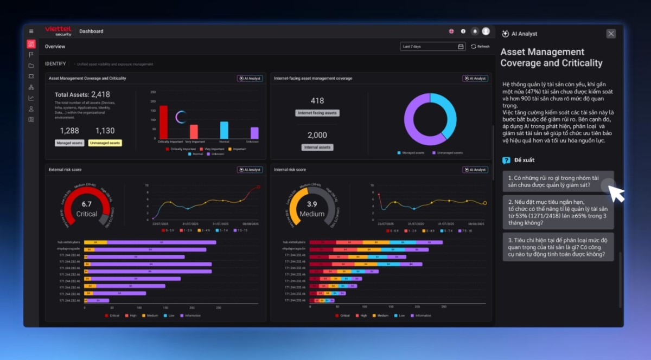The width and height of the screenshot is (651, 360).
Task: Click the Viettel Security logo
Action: (58, 31)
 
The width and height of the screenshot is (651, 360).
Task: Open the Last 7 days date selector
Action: (432, 47)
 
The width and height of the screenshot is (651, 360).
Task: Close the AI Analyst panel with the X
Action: (611, 34)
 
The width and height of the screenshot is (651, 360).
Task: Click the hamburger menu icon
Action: (31, 31)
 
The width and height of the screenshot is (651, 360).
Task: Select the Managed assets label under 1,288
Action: (69, 143)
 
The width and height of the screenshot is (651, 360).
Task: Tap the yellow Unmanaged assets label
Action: (105, 143)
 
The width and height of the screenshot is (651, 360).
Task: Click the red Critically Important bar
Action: (163, 122)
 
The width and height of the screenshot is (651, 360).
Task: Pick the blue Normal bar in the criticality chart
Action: (224, 130)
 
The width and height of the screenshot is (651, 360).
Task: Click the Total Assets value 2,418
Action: (100, 95)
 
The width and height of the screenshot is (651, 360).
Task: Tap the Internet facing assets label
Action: (317, 113)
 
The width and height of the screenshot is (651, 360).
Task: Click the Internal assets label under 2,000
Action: (317, 147)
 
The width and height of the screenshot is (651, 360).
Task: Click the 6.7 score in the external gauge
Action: (87, 204)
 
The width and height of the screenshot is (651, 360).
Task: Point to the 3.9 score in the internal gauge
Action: (312, 204)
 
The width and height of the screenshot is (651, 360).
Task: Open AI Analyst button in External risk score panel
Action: (250, 170)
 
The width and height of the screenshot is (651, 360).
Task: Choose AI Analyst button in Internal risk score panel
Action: (475, 170)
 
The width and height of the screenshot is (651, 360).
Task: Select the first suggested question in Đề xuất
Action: (556, 181)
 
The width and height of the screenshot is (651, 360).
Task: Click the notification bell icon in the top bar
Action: (475, 31)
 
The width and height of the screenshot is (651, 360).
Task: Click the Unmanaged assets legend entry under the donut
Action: (448, 153)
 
